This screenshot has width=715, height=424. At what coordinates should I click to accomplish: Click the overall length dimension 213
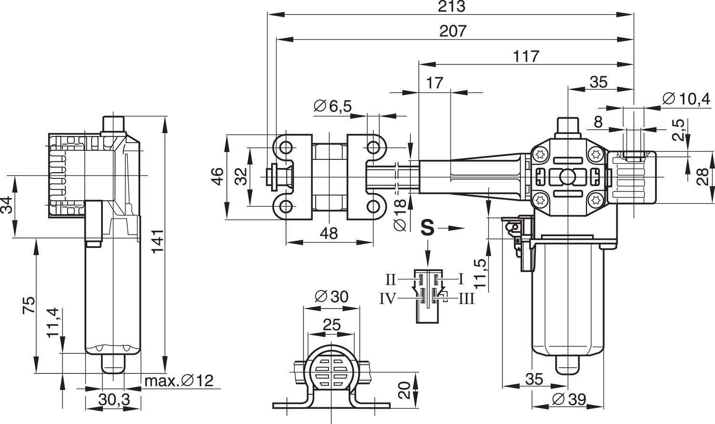point(451,7)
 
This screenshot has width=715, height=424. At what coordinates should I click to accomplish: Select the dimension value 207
point(452,31)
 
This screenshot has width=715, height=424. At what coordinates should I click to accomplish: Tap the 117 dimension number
point(526,56)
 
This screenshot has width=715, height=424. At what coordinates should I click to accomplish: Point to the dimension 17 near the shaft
point(434,83)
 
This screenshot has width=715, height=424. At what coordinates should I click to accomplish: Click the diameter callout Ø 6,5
point(333,106)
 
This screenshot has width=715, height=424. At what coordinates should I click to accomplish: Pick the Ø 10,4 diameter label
point(686,99)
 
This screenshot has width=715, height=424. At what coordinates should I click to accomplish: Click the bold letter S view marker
point(428,228)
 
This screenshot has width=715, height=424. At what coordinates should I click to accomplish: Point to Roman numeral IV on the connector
point(388,299)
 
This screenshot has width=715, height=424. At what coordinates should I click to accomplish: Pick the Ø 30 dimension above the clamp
point(332,297)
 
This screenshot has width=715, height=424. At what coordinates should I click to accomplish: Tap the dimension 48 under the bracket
point(329,233)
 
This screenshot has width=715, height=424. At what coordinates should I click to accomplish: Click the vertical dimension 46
point(217,177)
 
